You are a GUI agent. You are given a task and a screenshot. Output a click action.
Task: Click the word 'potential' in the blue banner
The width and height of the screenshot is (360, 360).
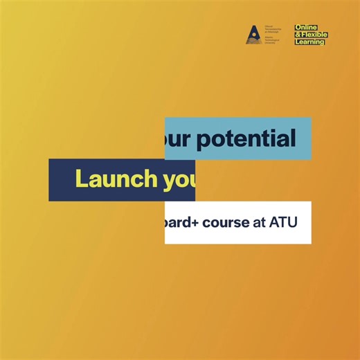click(246, 139)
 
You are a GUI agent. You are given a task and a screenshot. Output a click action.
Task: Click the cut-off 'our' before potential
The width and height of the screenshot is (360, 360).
click(179, 139)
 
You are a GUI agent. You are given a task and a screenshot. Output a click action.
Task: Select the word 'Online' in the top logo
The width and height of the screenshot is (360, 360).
click(307, 28)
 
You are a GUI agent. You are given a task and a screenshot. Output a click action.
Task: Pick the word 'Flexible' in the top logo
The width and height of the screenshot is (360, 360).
click(314, 35)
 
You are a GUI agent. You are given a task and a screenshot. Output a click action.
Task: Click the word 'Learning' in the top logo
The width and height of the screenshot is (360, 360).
click(309, 42)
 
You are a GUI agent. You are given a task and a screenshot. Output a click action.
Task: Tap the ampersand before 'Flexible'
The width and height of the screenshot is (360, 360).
click(298, 35)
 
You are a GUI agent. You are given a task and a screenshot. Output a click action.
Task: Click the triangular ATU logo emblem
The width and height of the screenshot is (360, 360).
click(253, 35)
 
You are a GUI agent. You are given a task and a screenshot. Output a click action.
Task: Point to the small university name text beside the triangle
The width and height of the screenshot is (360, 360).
click(269, 35)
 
